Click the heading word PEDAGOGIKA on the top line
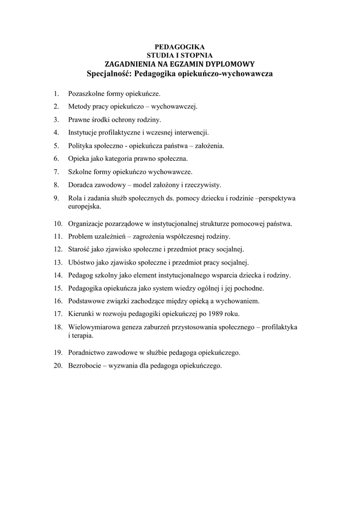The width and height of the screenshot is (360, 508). point(180,46)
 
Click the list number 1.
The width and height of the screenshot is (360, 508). point(57,93)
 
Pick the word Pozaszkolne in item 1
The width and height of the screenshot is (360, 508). point(86,93)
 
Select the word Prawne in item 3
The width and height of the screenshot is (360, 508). point(78,120)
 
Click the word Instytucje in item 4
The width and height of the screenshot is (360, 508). point(82,132)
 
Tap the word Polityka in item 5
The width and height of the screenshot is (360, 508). point(80,146)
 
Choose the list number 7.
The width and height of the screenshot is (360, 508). point(57,172)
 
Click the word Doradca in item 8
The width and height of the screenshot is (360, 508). point(80,185)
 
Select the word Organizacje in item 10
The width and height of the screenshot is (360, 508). point(86,223)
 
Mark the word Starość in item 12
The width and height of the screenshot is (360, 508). point(79,249)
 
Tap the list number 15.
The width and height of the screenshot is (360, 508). point(58,288)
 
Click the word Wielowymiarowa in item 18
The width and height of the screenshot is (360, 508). point(92,327)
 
